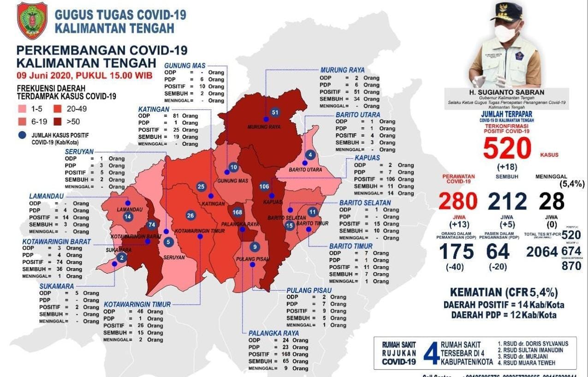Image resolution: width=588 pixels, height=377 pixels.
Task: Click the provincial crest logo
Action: pyautogui.click(x=32, y=20)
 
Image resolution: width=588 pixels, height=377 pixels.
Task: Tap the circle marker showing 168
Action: pyautogui.click(x=238, y=212)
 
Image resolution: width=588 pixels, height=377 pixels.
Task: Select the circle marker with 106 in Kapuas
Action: pyautogui.click(x=264, y=186)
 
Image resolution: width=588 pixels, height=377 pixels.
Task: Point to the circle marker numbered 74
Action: pyautogui.click(x=151, y=225)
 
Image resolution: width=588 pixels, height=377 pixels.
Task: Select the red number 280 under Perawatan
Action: pyautogui.click(x=458, y=202)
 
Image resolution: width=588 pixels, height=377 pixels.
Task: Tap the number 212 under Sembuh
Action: pyautogui.click(x=507, y=202)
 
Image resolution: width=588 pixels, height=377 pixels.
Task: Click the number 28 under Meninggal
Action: pyautogui.click(x=552, y=202)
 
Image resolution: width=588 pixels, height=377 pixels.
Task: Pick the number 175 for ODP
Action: pyautogui.click(x=456, y=252)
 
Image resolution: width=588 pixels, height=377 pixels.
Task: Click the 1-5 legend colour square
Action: pyautogui.click(x=22, y=109)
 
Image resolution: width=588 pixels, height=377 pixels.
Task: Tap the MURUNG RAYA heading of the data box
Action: pyautogui.click(x=342, y=70)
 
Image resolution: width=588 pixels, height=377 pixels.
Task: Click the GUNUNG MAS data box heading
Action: pyautogui.click(x=184, y=66)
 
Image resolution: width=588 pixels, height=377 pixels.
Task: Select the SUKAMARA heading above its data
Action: pyautogui.click(x=56, y=286)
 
